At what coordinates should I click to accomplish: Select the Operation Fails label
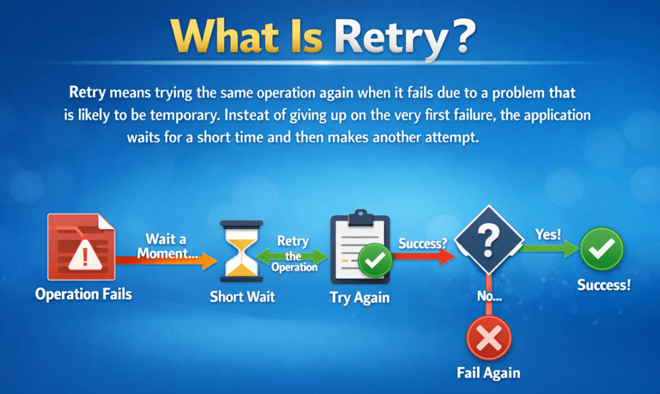(84, 294)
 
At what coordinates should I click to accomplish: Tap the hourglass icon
(242, 251)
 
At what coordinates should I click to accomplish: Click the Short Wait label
(242, 297)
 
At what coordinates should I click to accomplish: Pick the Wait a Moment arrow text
(167, 247)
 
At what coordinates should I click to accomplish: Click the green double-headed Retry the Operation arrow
(293, 257)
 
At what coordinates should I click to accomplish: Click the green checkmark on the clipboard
(376, 261)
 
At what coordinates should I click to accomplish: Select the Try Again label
(359, 298)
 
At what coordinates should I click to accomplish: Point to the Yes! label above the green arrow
(548, 234)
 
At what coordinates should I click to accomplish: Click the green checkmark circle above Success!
(602, 248)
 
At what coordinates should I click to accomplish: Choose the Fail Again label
(488, 372)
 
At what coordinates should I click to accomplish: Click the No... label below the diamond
(489, 296)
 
